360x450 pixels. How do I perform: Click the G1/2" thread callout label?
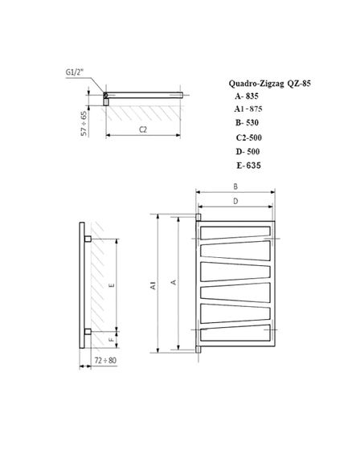(77, 72)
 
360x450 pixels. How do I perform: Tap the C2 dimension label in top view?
(142, 129)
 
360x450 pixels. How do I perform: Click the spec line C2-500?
(249, 137)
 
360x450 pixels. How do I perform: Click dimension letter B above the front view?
(236, 186)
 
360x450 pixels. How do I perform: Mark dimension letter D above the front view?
(236, 201)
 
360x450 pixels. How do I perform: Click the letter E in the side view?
(112, 284)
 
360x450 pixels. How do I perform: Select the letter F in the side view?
(112, 342)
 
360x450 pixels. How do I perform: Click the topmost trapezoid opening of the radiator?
(238, 235)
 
